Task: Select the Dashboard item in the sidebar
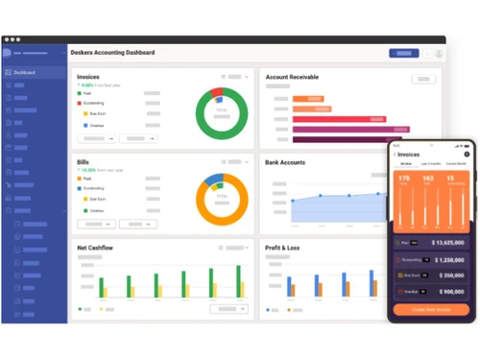point(25,72)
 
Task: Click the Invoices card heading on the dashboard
point(88,77)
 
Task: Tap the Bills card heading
point(84,163)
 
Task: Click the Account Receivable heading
point(293,77)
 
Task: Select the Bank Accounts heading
point(285,163)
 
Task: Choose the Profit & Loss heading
point(282,248)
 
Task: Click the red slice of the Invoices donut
point(217,95)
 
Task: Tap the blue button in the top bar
point(403,54)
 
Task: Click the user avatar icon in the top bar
point(439,54)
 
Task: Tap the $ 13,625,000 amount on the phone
point(449,243)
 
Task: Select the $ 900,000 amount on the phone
point(453,291)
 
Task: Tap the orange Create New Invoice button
point(431,310)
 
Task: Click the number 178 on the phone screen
point(404,179)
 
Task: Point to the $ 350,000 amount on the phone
point(453,276)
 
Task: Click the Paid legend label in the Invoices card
point(88,93)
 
